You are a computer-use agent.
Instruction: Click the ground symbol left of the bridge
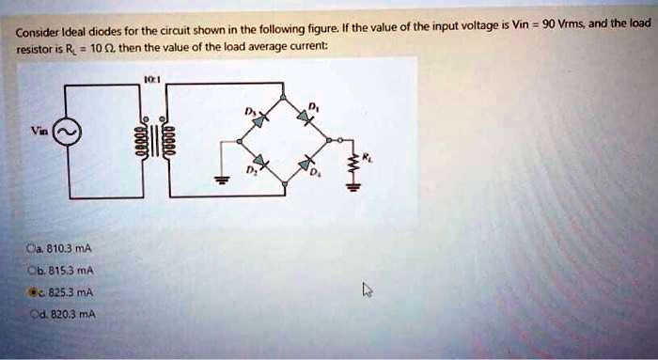pyautogui.click(x=222, y=181)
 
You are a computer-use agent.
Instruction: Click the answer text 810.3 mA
pyautogui.click(x=66, y=248)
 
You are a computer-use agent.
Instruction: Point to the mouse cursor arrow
pyautogui.click(x=368, y=290)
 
